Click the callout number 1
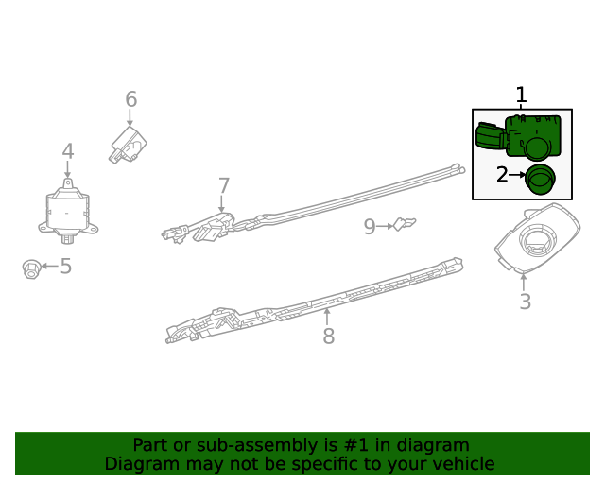(521, 95)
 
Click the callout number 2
(503, 174)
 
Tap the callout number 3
(525, 302)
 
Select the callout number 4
(68, 151)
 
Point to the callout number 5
(65, 267)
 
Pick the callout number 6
(130, 99)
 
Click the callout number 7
(223, 186)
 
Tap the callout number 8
(328, 336)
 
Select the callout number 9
(370, 226)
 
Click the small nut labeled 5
(30, 268)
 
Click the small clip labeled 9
(405, 224)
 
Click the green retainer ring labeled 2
(542, 178)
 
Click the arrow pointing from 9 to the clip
(385, 226)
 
